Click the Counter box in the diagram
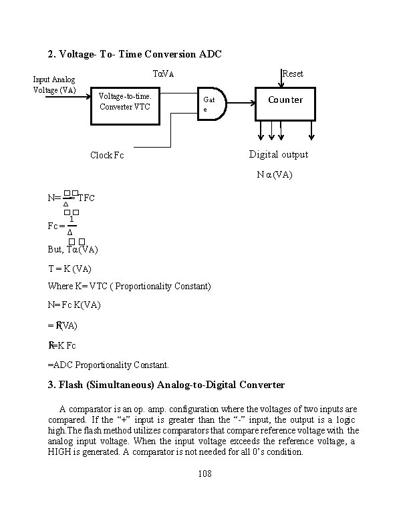coord(285,103)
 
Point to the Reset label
coord(293,73)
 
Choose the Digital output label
coord(279,154)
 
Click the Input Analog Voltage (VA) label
coord(55,85)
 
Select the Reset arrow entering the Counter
coord(281,79)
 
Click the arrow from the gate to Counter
coord(241,104)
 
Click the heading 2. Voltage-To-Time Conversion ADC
coord(134,53)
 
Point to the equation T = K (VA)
coord(70,269)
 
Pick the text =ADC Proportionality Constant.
coord(108,365)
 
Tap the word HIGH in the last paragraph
coord(61,451)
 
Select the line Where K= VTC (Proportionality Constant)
coord(129,287)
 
